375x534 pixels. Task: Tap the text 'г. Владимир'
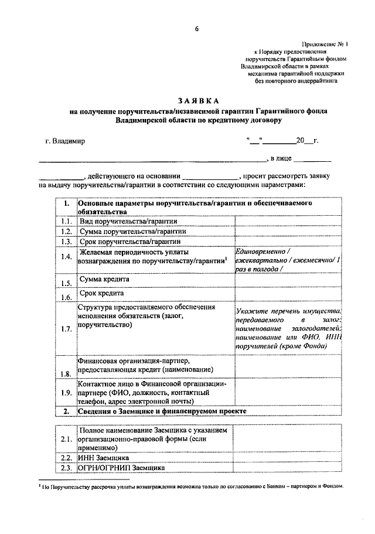65,141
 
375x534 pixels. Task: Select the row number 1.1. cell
66,222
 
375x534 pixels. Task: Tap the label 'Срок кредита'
101,293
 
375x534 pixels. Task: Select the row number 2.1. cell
66,439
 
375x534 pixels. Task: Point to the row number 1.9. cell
66,392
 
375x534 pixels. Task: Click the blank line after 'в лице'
312,159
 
